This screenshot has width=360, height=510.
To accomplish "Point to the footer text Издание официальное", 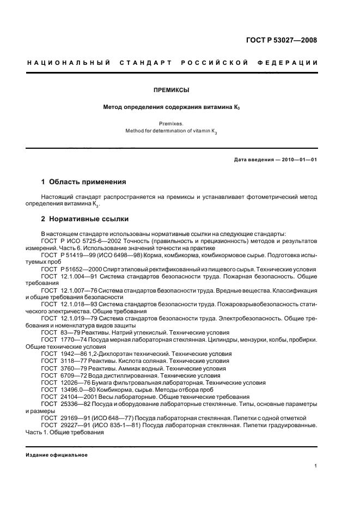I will pos(57,455).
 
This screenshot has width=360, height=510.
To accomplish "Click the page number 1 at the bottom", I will pos(316,465).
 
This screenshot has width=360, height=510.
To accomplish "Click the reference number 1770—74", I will pos(73,339).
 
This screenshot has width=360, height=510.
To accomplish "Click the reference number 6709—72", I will pos(73,375).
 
